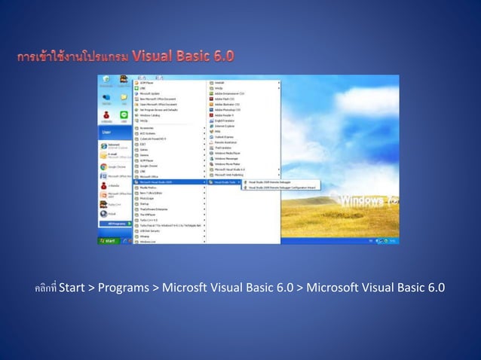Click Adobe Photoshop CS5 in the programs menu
click(230, 109)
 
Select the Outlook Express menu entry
click(226, 137)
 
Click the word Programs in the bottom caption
click(123, 288)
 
